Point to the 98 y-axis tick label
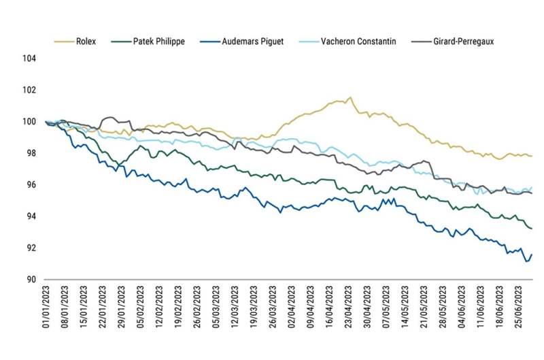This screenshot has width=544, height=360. [x=30, y=153]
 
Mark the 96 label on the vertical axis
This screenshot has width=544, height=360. [x=30, y=185]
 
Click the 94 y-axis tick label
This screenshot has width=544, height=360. [x=30, y=216]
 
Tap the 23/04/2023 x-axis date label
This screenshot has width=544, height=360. [x=350, y=309]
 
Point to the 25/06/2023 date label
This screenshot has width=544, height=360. [x=522, y=309]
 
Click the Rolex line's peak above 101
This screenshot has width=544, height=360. [x=350, y=97]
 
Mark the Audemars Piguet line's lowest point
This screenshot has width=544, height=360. [x=526, y=261]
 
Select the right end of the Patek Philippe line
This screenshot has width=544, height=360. [x=531, y=229]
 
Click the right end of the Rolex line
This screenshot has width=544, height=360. [x=531, y=157]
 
